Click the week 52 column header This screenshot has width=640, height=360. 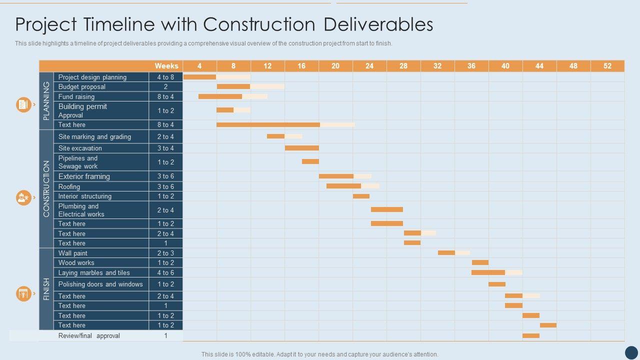point(607,66)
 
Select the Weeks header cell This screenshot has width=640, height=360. point(166,66)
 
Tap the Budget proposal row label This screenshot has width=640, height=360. point(82,86)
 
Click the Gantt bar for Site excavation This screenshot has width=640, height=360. point(302,148)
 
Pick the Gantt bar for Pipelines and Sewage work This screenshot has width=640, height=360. point(310,161)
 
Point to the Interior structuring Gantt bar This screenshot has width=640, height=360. point(361,196)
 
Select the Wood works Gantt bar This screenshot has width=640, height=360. point(480,262)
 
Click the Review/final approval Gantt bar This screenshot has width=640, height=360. point(531,335)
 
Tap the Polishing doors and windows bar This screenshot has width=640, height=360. point(497,284)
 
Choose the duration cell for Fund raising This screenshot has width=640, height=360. point(166,96)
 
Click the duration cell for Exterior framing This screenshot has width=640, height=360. point(166,176)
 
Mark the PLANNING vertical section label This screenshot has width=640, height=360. point(46,101)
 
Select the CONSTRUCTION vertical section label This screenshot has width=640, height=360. point(46,189)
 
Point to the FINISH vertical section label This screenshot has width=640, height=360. point(46,289)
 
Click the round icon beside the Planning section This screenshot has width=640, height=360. point(23,104)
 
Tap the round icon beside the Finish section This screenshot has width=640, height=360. point(23,293)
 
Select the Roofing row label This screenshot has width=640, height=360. point(69,186)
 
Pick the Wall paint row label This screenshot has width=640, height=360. point(73,253)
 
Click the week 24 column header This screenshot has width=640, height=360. point(369,66)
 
